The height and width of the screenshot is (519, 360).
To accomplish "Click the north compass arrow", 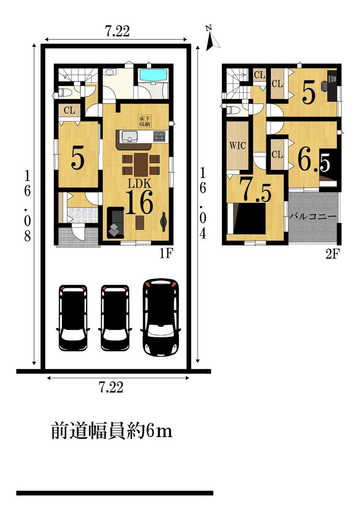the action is click(212, 41).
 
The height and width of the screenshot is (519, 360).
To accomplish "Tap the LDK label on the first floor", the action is click(140, 184).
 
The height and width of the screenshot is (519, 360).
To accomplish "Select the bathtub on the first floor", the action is click(153, 75).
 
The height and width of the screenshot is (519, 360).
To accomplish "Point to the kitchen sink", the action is click(129, 136).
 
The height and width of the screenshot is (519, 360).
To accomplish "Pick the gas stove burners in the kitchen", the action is click(159, 136).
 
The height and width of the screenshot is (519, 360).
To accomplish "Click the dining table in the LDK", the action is click(141, 165).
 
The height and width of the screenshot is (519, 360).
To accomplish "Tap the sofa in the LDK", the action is click(115, 222).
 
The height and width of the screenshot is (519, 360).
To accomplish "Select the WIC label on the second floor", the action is click(237, 145).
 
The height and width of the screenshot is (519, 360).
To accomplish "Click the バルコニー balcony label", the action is click(313, 217).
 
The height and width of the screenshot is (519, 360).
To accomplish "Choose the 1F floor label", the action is click(166, 253).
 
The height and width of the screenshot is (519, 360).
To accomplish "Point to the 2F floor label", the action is click(333, 254).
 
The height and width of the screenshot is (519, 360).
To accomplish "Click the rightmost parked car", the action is click(161, 317).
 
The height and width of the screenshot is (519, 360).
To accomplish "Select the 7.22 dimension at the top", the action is click(117, 31).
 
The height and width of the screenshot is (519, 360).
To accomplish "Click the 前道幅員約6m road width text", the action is click(112, 431).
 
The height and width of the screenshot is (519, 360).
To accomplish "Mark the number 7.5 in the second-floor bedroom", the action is click(255, 190).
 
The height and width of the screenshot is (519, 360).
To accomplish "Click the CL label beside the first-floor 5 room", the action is click(70, 110).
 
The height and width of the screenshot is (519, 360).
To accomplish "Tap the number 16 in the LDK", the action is click(139, 202).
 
